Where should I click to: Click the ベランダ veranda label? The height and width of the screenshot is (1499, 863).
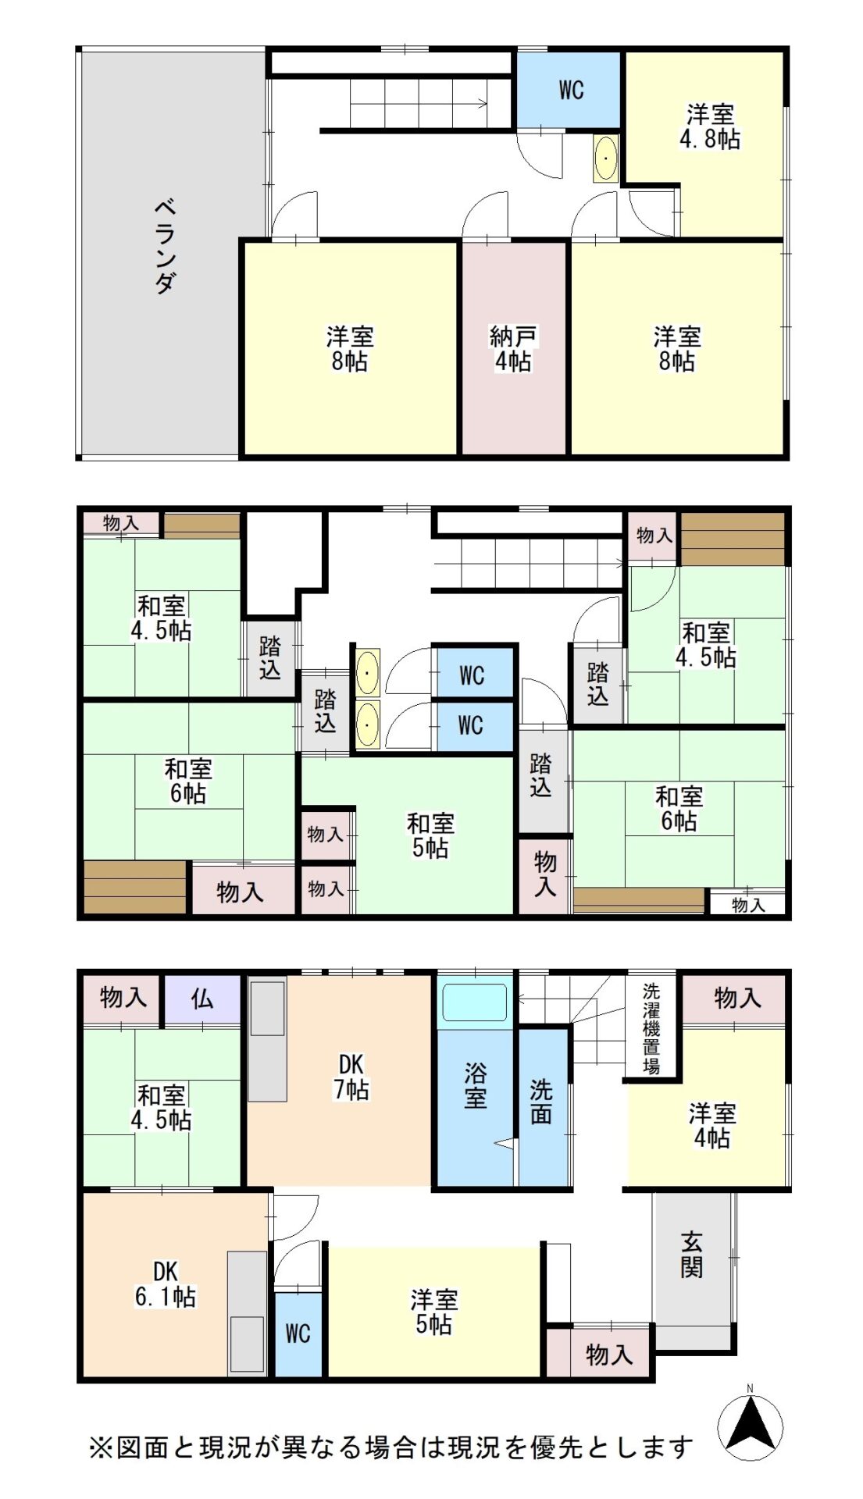(x=165, y=246)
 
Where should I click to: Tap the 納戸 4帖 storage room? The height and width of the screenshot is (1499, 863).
(x=513, y=347)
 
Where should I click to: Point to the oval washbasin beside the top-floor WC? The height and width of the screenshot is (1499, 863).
(x=605, y=158)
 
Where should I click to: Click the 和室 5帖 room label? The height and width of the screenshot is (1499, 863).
(x=430, y=835)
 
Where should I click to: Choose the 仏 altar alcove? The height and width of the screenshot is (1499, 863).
(x=201, y=998)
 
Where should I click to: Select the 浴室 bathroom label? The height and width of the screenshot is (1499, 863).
(x=475, y=1085)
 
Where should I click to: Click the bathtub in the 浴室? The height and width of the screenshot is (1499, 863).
(x=475, y=1002)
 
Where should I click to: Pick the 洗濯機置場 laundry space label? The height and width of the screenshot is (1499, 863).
(x=651, y=1028)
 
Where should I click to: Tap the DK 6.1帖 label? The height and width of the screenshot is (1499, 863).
(x=165, y=1284)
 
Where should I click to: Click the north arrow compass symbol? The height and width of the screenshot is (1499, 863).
(x=750, y=1428)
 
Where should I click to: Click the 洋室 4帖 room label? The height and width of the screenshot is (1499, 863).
(x=711, y=1125)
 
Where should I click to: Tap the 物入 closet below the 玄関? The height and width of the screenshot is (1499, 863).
(x=599, y=1353)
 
